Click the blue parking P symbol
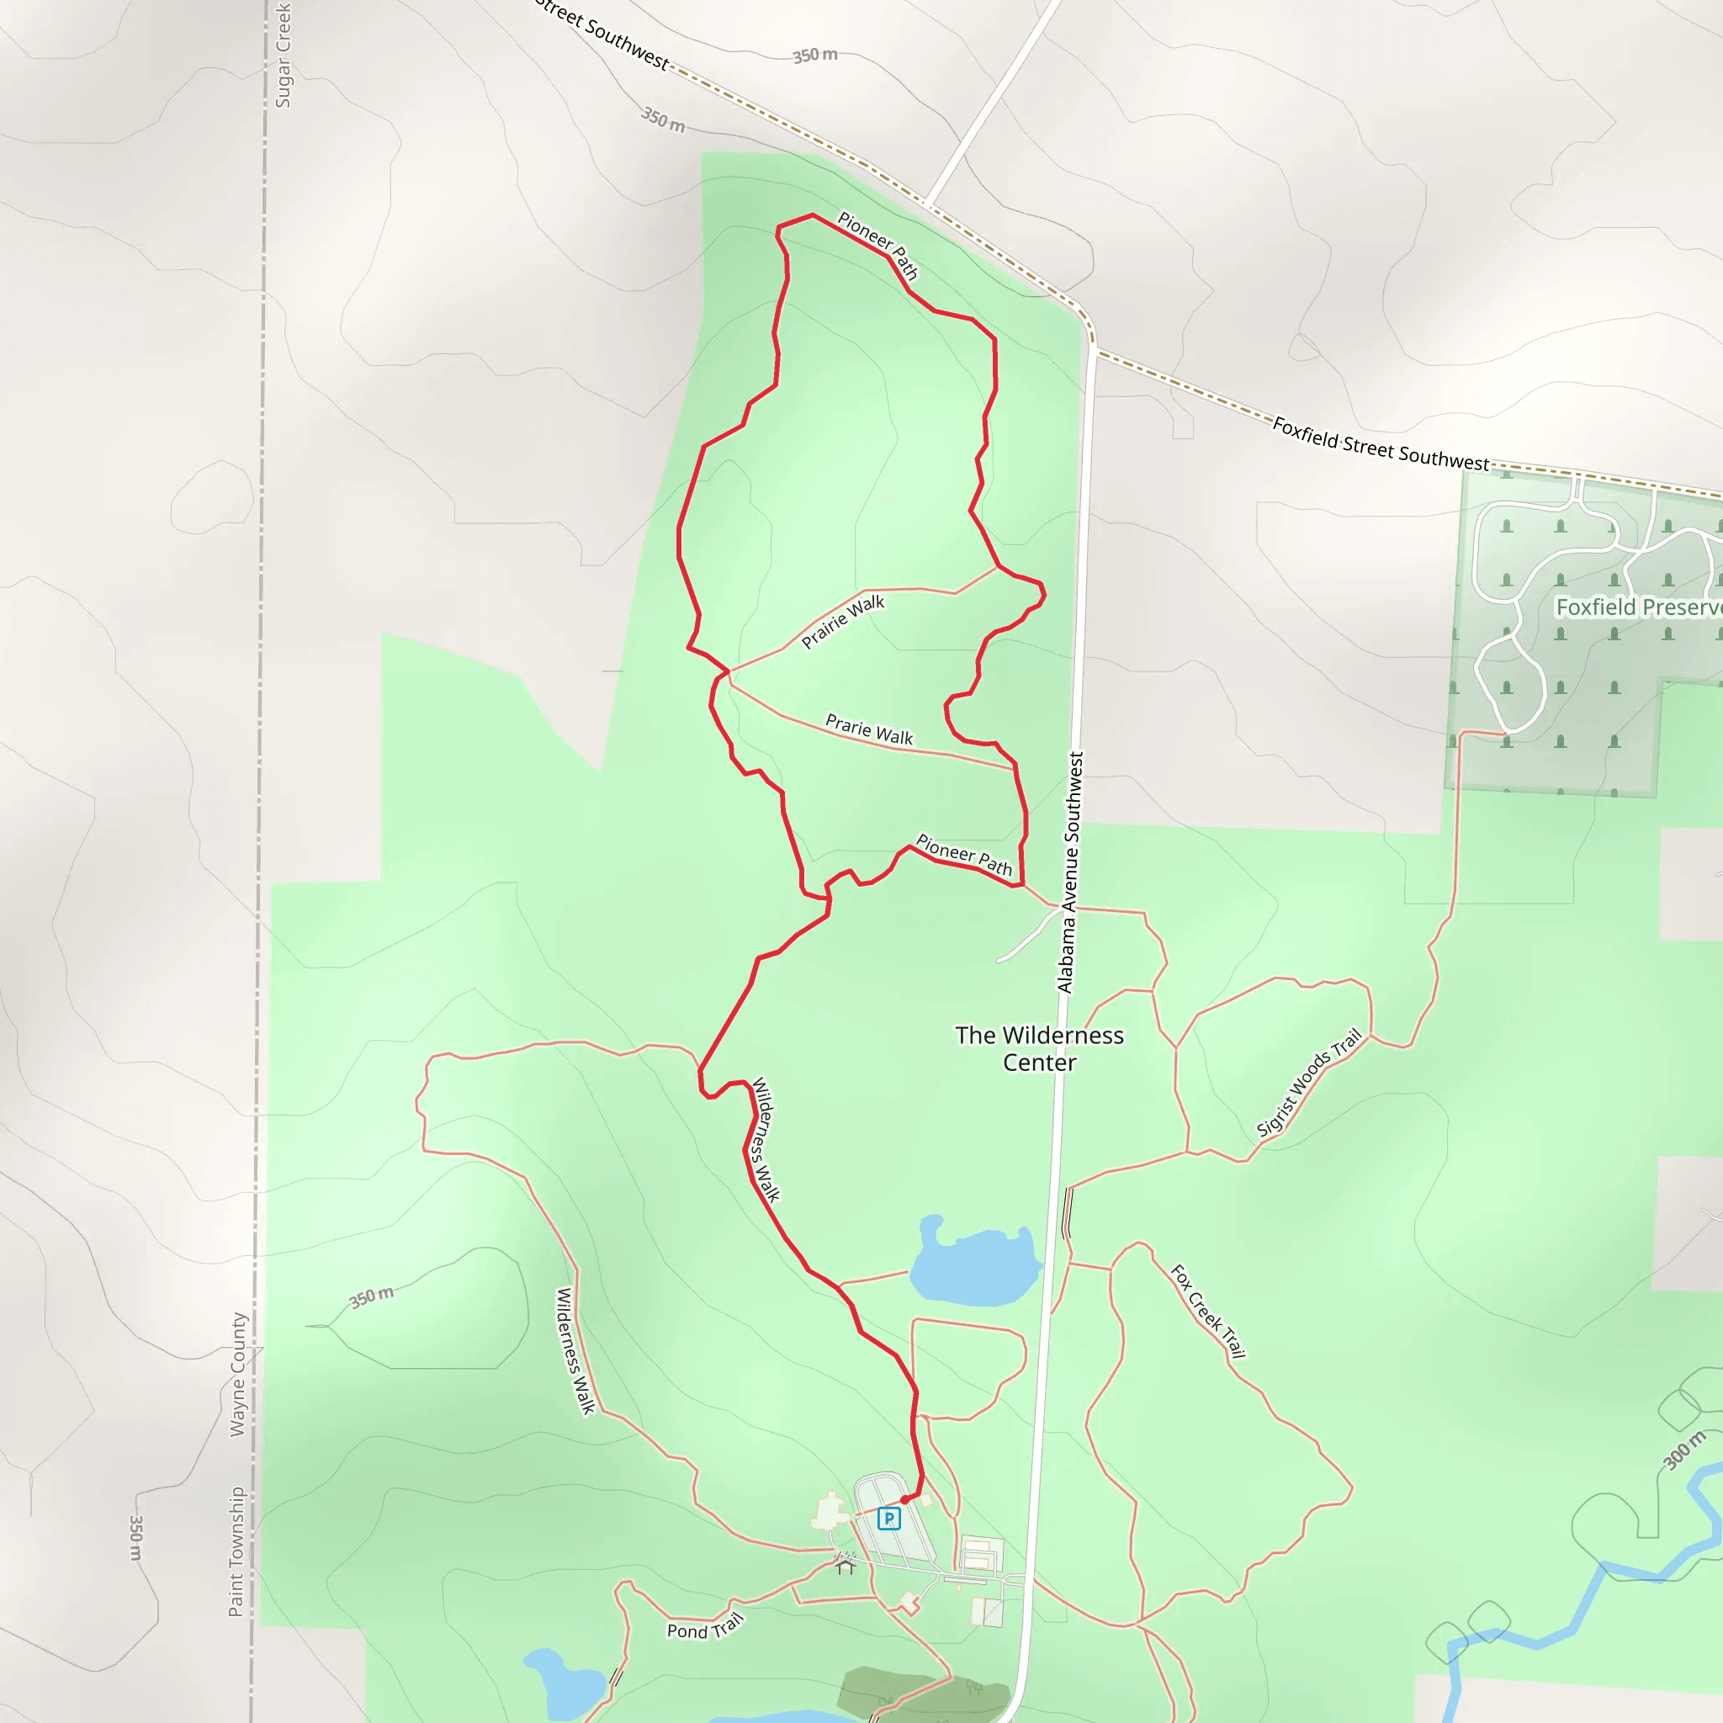point(888,1518)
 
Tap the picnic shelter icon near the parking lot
point(846,1566)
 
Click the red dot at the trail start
point(904,1500)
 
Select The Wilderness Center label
point(1039,1049)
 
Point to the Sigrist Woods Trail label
point(1309,1083)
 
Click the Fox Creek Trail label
point(1207,1311)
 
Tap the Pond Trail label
point(704,1629)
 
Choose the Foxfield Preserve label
point(1638,607)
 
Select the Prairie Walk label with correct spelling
point(843,622)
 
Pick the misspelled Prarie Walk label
point(868,729)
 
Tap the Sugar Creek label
point(283,56)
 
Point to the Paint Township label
point(236,1551)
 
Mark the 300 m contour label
point(1684,1450)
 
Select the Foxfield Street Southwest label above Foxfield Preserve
point(1380,444)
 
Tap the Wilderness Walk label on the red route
point(766,1140)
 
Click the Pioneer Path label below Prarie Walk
point(964,855)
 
